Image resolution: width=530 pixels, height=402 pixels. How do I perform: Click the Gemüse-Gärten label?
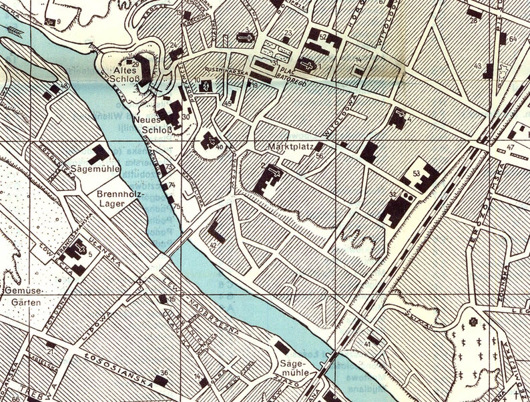tap(24, 297)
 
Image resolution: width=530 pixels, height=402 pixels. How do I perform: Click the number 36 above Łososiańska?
tap(164, 373)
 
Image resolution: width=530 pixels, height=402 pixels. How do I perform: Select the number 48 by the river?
tap(63, 87)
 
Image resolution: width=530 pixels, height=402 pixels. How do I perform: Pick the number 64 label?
tap(513, 39)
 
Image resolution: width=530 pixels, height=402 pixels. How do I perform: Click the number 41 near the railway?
tap(367, 344)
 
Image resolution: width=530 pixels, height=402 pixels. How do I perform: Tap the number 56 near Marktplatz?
tap(319, 156)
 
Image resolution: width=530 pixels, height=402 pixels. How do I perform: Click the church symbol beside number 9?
tap(49, 21)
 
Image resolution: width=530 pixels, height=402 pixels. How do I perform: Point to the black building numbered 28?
tap(474, 13)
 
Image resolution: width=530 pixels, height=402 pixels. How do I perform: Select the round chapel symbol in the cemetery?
tap(474, 322)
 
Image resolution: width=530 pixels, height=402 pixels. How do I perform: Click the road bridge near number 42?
tap(175, 247)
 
